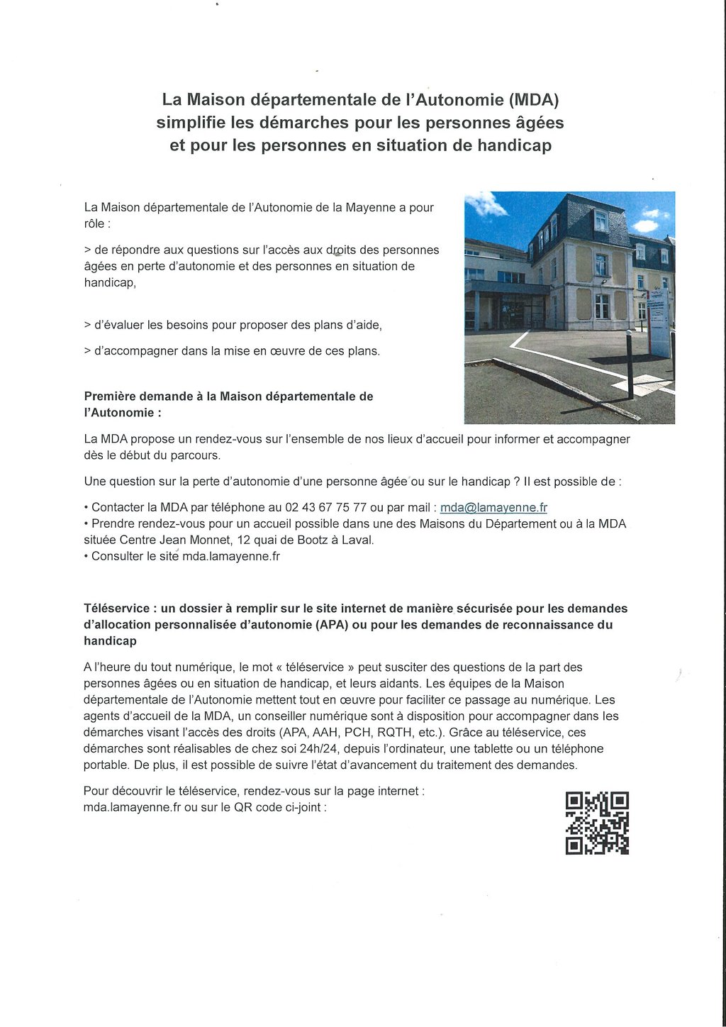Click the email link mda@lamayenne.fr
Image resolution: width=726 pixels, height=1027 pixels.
[493, 507]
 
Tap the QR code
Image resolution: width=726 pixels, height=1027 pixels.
[597, 823]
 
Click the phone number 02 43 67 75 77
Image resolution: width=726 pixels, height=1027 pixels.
[325, 507]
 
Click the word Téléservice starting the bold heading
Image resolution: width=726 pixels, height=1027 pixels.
[116, 609]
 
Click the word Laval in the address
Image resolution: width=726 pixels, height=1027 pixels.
[357, 540]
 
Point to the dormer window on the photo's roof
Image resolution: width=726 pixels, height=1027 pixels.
[601, 219]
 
